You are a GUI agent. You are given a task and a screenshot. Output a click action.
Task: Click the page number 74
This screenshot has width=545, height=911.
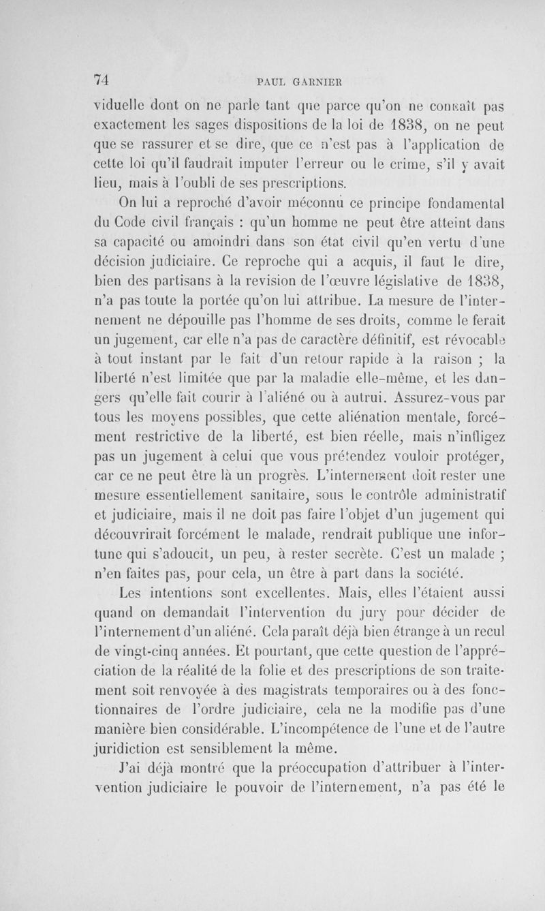point(102,78)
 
